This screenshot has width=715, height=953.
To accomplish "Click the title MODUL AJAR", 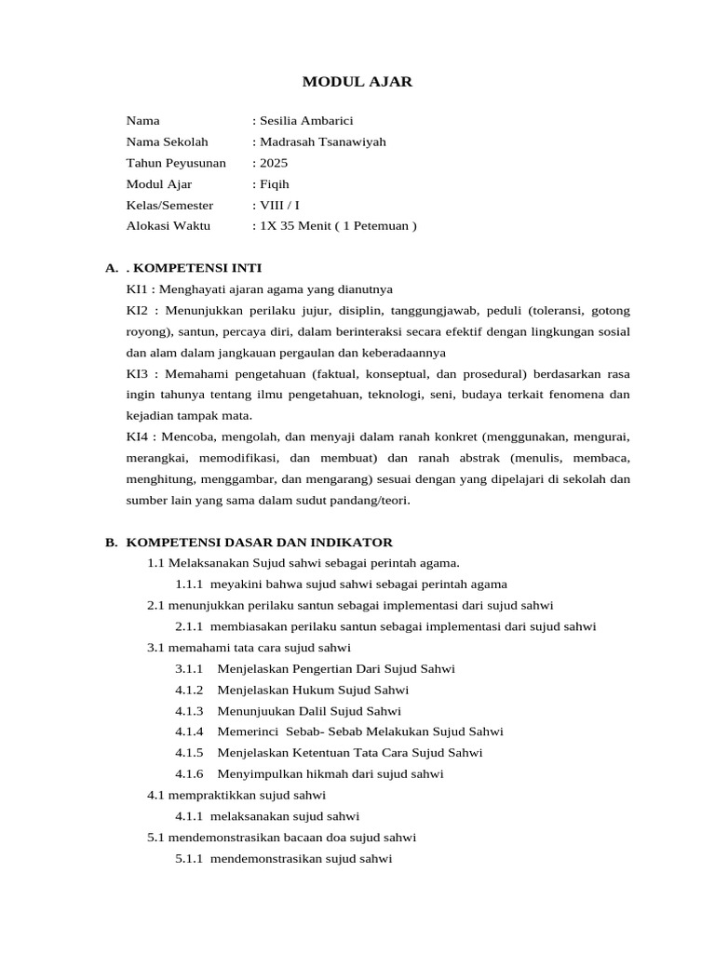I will coord(357,83).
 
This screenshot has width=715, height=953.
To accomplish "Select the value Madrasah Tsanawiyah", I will coord(321,142).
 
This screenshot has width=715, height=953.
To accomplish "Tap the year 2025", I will coord(274,163).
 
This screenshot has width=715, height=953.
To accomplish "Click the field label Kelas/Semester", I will coord(169,205).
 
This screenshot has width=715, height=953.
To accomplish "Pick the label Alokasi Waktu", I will coord(169,226).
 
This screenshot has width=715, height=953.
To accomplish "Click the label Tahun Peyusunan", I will coord(176,163).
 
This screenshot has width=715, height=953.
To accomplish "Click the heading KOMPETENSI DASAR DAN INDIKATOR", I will coord(260,543).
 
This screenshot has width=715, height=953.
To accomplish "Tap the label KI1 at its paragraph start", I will coord(138,289).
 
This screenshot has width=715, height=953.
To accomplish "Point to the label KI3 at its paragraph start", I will coord(138,374).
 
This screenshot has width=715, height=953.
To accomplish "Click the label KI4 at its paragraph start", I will coord(138,436).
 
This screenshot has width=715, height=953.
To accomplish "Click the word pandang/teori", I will coord(371,500).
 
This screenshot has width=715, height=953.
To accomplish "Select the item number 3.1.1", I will coord(189,669).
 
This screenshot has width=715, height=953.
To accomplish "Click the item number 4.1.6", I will coord(189,774).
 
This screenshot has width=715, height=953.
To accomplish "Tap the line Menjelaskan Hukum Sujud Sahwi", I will coord(313,691).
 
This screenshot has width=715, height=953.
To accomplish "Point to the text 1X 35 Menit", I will coord(297,226).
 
